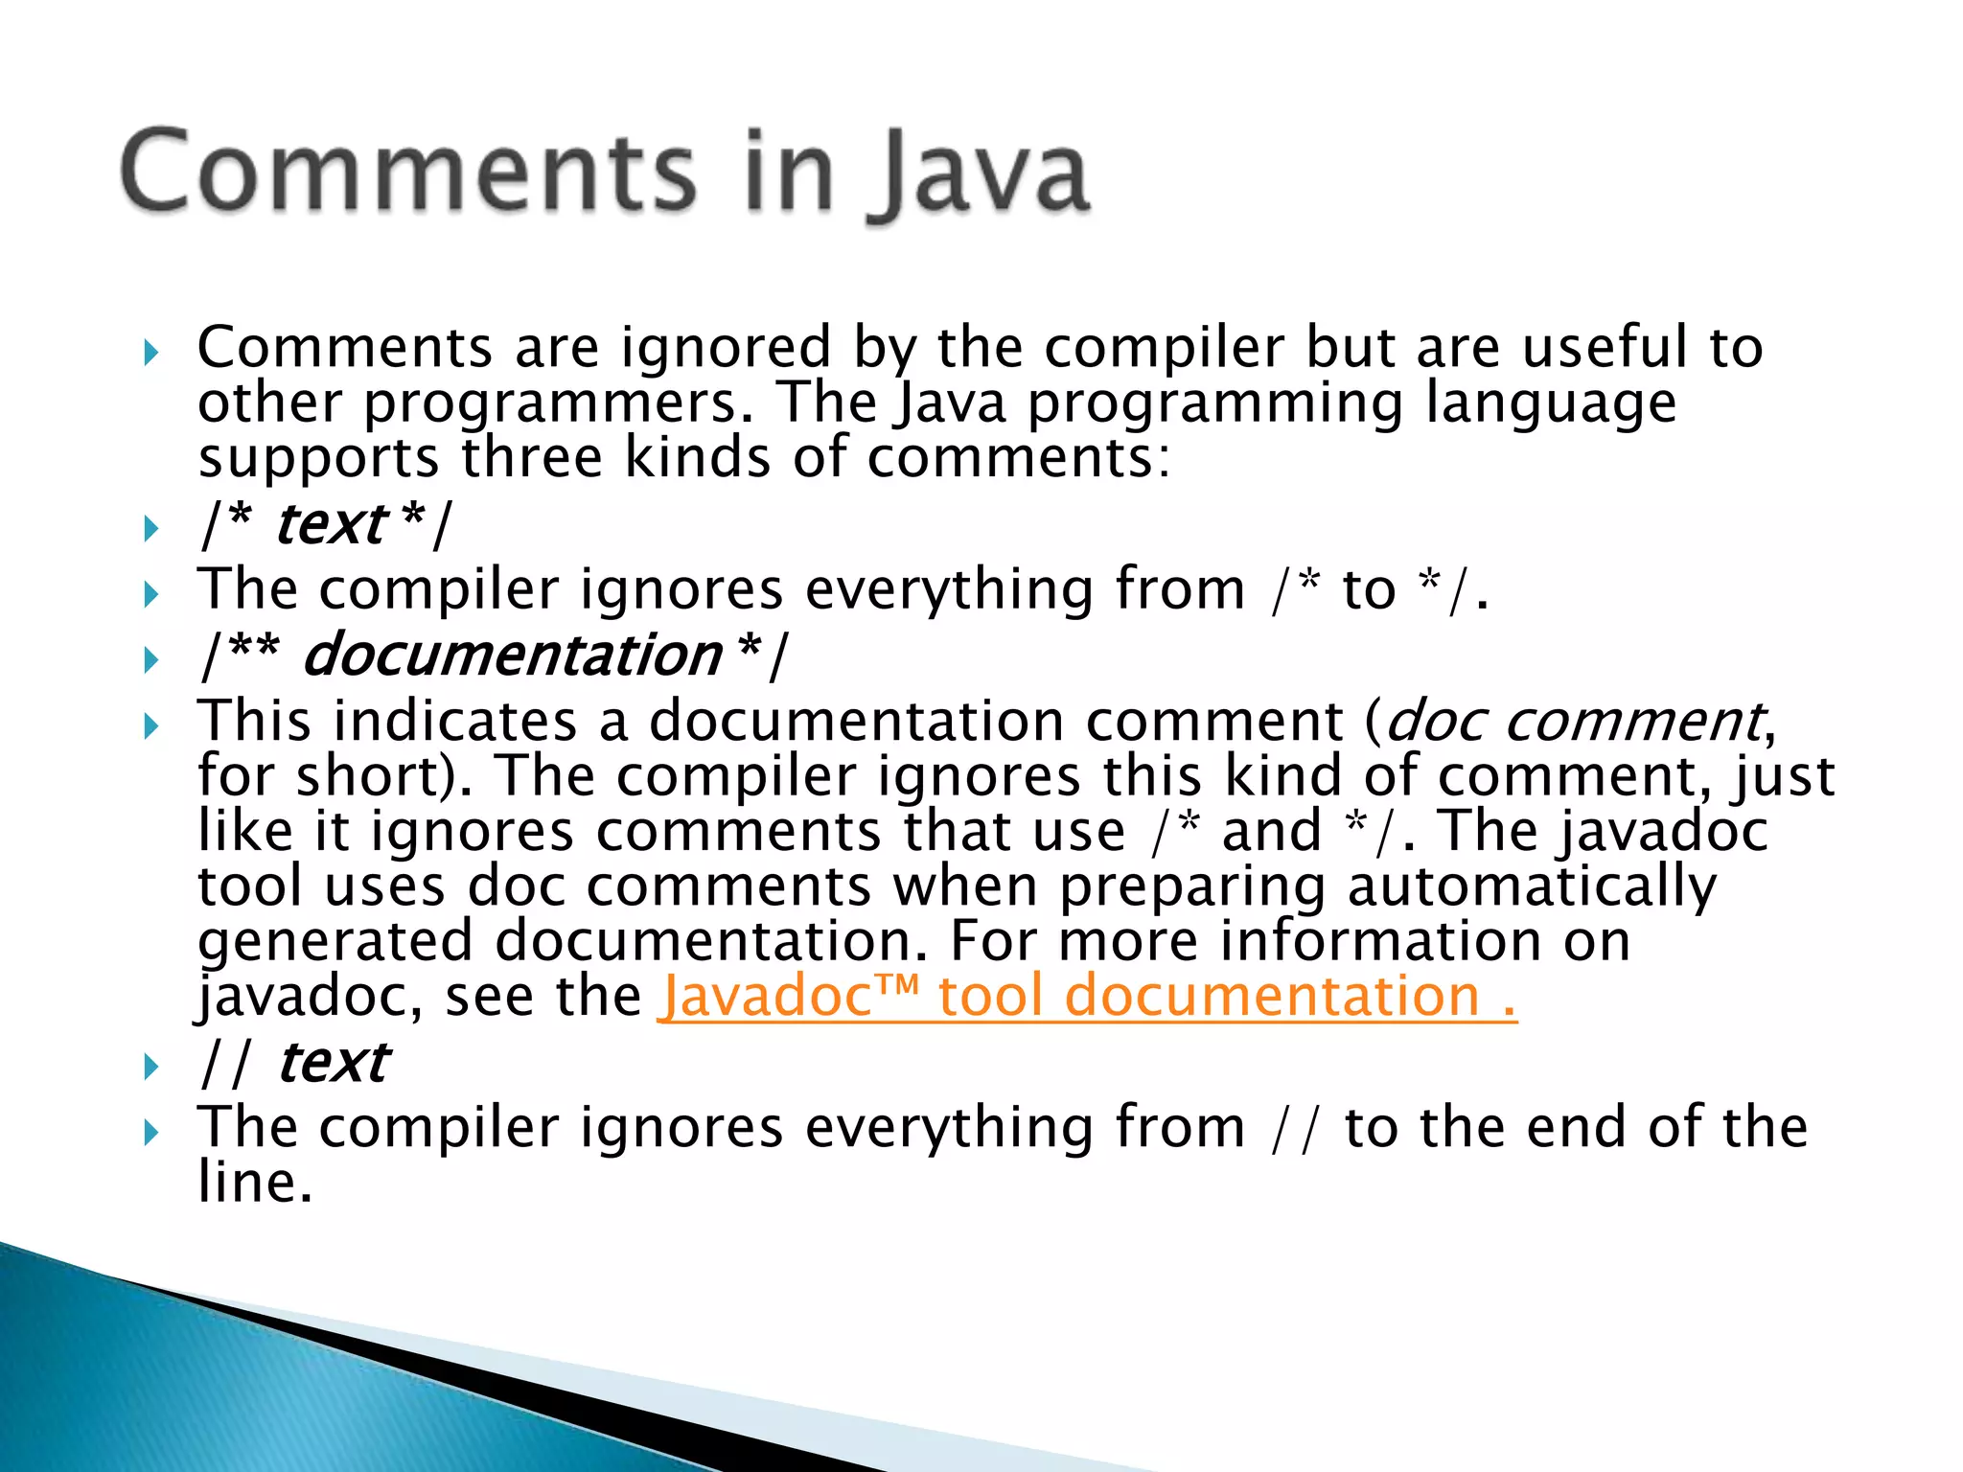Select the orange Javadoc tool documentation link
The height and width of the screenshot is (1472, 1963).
pos(1087,997)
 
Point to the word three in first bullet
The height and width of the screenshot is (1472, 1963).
pos(532,458)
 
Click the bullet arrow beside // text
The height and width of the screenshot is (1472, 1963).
pos(150,1066)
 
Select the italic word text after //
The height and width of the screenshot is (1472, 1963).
pos(333,1063)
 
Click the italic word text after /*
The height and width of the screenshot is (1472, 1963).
pos(330,525)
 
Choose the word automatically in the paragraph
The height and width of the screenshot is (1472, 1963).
pos(1532,886)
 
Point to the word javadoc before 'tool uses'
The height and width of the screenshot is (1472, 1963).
pos(1661,831)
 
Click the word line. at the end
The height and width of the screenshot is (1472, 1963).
pos(255,1182)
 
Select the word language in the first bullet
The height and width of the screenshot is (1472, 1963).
pos(1550,403)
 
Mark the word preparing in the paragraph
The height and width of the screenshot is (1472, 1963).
pos(1191,886)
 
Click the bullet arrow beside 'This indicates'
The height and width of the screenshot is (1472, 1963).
pos(150,725)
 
